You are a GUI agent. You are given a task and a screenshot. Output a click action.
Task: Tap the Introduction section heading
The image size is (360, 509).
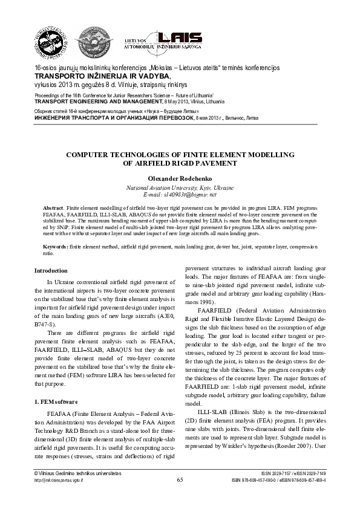(x=51, y=270)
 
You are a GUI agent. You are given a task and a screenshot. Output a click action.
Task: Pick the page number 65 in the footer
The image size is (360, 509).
(x=180, y=479)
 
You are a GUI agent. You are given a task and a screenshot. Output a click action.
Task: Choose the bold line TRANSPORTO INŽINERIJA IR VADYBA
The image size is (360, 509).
(x=102, y=77)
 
